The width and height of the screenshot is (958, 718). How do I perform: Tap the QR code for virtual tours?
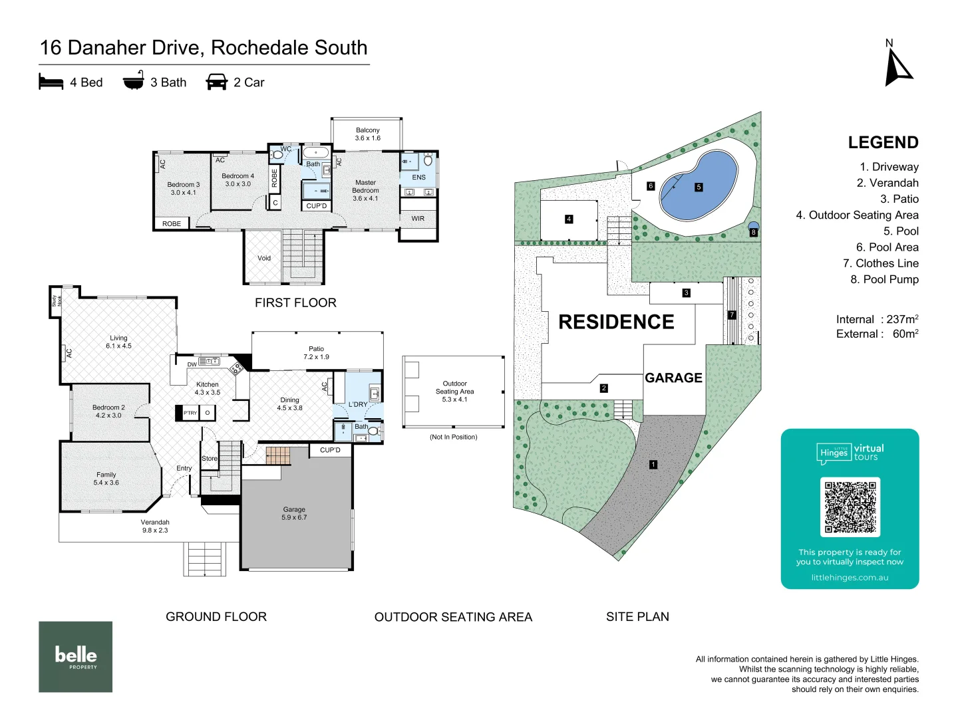coord(850,507)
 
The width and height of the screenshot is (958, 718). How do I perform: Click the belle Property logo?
coord(75,657)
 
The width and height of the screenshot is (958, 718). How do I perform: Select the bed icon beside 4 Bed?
coord(51,82)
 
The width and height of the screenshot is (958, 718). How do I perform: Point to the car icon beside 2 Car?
coord(217,82)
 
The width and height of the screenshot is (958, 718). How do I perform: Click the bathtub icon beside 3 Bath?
coord(134,80)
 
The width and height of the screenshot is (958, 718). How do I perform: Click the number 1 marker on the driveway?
coord(653,465)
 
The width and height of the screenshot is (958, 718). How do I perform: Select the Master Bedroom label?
coord(365,190)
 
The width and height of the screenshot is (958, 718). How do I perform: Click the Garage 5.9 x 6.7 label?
coord(294,513)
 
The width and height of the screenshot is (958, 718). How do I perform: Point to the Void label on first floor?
coord(264,258)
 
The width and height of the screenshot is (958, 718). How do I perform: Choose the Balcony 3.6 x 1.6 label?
coord(367,134)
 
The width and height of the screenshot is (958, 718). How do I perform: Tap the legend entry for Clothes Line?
coord(880,263)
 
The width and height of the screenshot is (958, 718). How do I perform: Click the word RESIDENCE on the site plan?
coord(616,322)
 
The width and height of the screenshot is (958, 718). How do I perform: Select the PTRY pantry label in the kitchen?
coord(190,413)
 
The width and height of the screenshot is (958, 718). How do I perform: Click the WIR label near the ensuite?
coord(418,219)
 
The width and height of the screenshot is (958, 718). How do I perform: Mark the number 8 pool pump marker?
coord(754,233)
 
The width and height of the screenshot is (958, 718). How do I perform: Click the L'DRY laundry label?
coord(358,404)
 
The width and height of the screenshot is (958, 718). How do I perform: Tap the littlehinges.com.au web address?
coord(850,578)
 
